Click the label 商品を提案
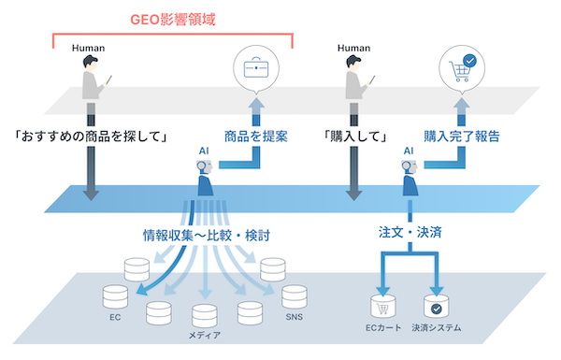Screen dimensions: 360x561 tap(255, 137)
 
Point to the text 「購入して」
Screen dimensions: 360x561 tap(356, 137)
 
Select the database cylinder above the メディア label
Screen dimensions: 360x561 tap(205, 316)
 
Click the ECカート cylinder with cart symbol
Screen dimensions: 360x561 tap(381, 306)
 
